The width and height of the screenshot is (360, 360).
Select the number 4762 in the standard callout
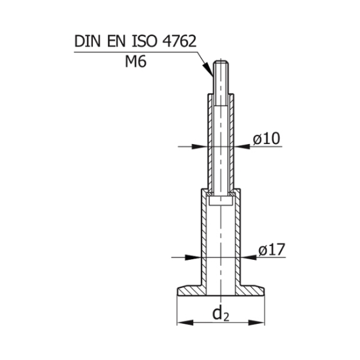[x=179, y=41]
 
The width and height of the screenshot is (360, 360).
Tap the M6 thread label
[x=135, y=62]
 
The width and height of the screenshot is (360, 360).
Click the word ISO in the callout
[x=145, y=41]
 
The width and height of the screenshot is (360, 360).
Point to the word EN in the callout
[x=117, y=41]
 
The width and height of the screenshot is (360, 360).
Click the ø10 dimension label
[x=266, y=139]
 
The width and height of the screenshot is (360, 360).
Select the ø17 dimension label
[x=272, y=249]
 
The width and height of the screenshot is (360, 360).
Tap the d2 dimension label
[x=221, y=314]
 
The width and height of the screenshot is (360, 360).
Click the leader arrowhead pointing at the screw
[x=208, y=69]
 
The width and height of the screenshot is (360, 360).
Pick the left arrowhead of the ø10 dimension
[x=199, y=147]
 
